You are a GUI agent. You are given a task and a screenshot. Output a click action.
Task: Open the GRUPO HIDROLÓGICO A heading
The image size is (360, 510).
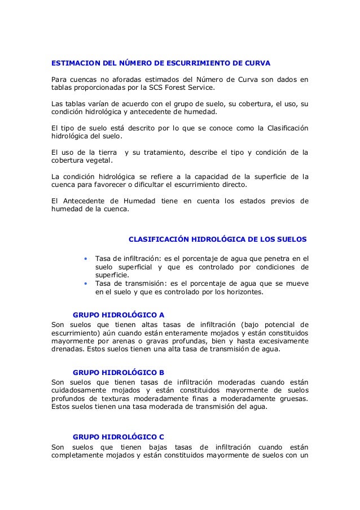[119, 314]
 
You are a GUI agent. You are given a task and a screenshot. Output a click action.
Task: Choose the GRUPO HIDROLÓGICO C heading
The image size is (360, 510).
[119, 437]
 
